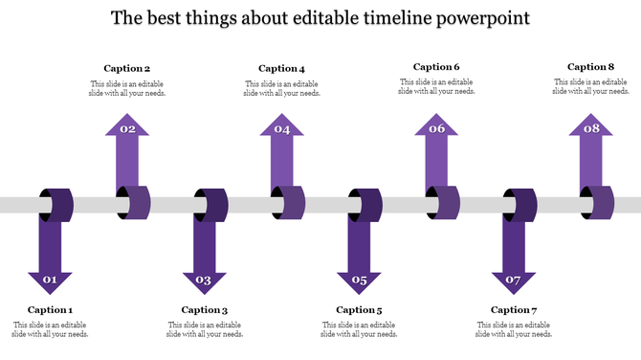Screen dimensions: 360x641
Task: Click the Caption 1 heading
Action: (50, 309)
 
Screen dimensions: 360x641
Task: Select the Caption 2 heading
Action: (127, 68)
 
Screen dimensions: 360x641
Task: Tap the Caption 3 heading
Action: (205, 309)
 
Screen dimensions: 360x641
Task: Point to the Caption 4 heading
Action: (281, 68)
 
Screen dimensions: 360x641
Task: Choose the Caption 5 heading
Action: (359, 309)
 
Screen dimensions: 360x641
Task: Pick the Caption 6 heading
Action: (436, 67)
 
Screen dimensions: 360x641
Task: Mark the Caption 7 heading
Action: (514, 309)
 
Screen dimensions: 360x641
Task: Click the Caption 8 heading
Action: (590, 67)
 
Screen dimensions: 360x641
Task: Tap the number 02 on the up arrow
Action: (127, 129)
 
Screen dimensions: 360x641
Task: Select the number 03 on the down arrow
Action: (204, 281)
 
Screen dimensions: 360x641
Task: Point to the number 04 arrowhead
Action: (282, 129)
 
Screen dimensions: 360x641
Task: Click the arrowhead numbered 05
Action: (359, 281)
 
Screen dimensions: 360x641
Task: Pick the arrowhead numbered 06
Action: (436, 129)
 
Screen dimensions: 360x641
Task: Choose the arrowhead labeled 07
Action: (514, 281)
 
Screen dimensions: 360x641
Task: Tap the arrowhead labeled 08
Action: (591, 129)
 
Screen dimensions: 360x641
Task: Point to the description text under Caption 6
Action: (436, 87)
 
